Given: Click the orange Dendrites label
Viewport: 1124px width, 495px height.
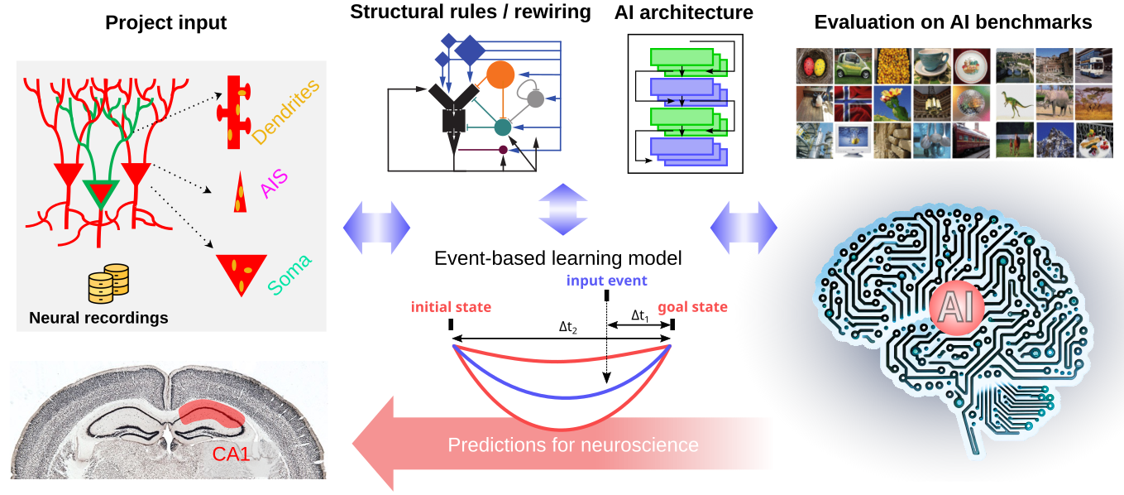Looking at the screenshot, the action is coord(285,112).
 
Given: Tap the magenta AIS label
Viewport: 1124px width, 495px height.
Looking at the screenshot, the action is coord(274,183).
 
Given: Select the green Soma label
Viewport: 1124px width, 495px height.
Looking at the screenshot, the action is coord(289,274).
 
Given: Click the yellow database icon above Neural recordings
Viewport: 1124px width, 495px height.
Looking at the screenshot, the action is coord(108,284).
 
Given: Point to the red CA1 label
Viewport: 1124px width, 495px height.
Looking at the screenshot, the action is coord(231,454).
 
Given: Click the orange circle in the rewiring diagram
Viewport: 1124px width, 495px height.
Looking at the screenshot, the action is coord(500,74).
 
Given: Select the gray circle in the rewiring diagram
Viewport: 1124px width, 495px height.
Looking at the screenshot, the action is coord(536,99).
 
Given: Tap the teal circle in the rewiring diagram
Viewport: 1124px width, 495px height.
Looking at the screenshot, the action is coord(503,127).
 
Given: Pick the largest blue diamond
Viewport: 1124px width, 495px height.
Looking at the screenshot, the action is coord(470,50).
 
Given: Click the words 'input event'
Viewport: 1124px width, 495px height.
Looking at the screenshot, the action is coord(606,280).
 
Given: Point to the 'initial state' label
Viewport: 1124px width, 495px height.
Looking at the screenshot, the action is coord(451,307).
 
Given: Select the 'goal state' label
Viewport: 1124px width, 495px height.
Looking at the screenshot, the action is coord(692,307).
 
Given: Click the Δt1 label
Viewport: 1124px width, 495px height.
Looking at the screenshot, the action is coord(640,315).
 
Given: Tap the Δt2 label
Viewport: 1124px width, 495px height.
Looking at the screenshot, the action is coord(568,327).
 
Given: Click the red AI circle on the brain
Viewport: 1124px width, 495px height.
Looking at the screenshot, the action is coord(956,307).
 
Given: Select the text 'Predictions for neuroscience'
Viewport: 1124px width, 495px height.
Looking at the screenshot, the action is coord(573,445).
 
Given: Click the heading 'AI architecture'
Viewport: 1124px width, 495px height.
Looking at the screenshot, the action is coord(684,12).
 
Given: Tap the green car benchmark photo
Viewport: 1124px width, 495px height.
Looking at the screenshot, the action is coord(853,65).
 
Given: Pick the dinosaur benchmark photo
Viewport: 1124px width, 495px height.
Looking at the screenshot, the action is coord(1015,103).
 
